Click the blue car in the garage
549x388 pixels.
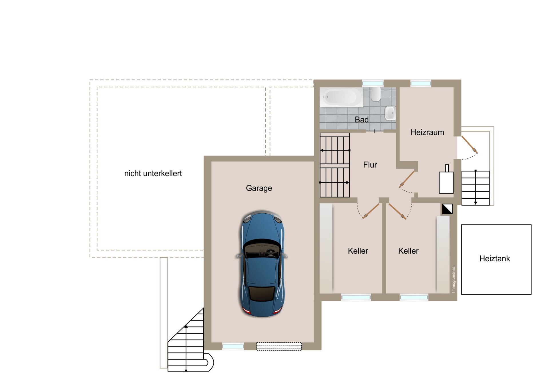[x=262, y=264]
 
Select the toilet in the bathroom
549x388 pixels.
[x=376, y=94]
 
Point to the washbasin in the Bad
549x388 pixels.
[x=390, y=113]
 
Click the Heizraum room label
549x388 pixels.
[x=427, y=132]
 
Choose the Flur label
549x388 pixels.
[x=370, y=165]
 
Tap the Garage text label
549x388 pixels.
[x=259, y=188]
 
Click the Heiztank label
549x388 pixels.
[x=495, y=258]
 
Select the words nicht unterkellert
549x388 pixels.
[x=153, y=173]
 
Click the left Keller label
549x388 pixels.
[x=358, y=251]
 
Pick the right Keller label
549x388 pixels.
[x=408, y=251]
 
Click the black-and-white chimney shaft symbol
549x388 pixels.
[x=447, y=209]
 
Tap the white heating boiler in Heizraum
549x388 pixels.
[x=446, y=179]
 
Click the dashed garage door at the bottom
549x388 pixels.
[x=279, y=346]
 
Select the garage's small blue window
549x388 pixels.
[x=233, y=346]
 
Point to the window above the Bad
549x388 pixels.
[x=373, y=83]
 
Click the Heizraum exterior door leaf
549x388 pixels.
[x=469, y=144]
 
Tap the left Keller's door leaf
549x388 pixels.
[x=371, y=211]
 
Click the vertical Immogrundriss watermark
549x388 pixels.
[x=453, y=280]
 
